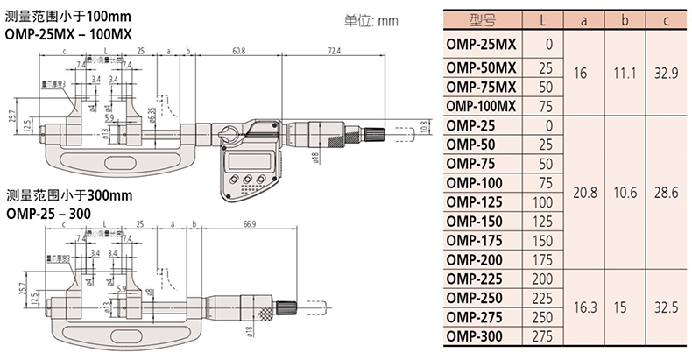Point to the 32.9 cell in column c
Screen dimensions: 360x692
pos(667,74)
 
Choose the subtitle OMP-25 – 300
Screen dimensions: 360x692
pos(51,212)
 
